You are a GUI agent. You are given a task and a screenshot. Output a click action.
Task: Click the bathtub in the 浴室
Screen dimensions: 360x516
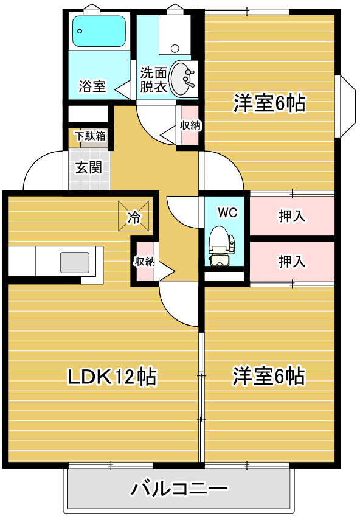(99, 31)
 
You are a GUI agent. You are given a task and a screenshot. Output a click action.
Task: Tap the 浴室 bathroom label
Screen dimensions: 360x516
(92, 86)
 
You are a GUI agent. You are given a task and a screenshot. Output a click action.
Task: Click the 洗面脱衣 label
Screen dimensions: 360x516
(153, 80)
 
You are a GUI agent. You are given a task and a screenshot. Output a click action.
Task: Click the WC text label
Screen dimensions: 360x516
(227, 212)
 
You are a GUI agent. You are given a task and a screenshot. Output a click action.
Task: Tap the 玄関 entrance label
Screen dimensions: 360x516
(89, 167)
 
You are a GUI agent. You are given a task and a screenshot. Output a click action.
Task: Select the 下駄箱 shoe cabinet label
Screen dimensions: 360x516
(91, 136)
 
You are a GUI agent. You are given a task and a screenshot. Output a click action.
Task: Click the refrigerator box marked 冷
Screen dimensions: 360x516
(133, 217)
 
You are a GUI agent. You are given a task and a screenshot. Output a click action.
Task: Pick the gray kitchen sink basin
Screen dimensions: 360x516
(75, 262)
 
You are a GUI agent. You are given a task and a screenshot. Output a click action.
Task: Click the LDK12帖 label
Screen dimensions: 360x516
(112, 377)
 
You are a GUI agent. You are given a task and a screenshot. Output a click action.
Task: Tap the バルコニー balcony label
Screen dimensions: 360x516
(179, 489)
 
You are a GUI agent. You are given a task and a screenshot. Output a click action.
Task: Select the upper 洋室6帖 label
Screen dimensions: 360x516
(269, 103)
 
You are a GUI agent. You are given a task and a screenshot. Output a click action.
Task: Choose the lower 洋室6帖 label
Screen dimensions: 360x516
(268, 376)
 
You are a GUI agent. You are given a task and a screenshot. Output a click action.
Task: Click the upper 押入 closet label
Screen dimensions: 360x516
(292, 216)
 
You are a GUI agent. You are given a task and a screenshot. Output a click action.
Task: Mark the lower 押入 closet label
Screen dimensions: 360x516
(292, 261)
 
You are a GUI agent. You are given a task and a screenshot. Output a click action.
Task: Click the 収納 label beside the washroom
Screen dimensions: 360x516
(190, 125)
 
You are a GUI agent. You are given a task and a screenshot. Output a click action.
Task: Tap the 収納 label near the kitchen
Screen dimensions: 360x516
(144, 262)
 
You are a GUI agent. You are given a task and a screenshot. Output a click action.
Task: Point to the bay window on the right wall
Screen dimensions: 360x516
(345, 106)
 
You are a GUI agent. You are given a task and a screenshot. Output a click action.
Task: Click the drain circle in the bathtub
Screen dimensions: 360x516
(80, 31)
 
